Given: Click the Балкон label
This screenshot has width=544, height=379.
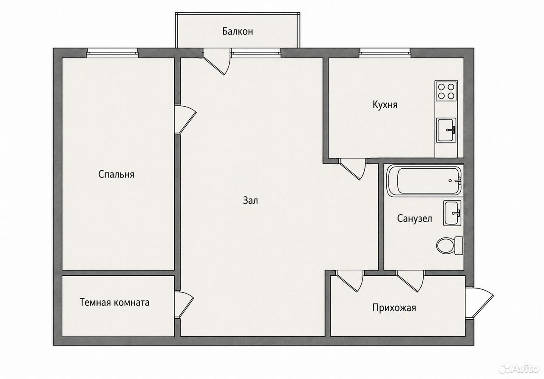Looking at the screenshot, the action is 238,31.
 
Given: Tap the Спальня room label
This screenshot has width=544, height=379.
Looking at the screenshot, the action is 116,175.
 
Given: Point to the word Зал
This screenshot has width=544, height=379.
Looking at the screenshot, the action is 250,201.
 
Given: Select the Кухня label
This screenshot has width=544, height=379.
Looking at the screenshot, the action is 385,105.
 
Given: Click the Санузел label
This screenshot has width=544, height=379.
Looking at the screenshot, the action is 414,218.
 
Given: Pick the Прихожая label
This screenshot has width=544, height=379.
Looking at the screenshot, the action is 394,308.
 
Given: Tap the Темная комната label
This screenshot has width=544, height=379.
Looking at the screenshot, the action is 115,303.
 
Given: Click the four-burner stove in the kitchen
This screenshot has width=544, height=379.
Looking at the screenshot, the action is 446,91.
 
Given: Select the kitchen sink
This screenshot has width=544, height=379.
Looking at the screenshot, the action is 446,130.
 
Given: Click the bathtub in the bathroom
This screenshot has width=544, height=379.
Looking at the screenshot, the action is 425,181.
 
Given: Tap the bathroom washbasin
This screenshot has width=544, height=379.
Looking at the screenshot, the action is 452,213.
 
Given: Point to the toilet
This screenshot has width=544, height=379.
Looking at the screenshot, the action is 450,246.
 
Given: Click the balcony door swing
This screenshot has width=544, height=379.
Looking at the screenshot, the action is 216,62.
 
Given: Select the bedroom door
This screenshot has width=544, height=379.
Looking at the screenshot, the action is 185,119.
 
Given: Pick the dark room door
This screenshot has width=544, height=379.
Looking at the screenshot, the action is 184,305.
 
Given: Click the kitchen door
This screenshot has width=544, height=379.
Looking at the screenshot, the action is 352,169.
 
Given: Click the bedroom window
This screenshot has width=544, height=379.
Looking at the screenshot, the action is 112,53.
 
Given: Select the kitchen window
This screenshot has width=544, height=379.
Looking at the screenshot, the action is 385,53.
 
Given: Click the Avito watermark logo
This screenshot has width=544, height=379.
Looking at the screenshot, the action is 518,368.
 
